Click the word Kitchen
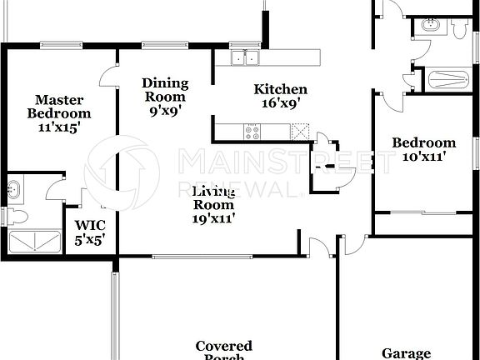[281, 89]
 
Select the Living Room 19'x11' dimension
[214, 219]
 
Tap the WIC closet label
[90, 225]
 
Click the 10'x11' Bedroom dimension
[424, 157]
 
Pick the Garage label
[406, 352]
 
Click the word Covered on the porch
[223, 345]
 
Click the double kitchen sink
[245, 57]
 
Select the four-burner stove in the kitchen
[252, 131]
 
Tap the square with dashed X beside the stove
[300, 131]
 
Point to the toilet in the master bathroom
[19, 217]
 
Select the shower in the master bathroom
[32, 242]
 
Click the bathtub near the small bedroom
[448, 81]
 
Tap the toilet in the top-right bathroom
[459, 28]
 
